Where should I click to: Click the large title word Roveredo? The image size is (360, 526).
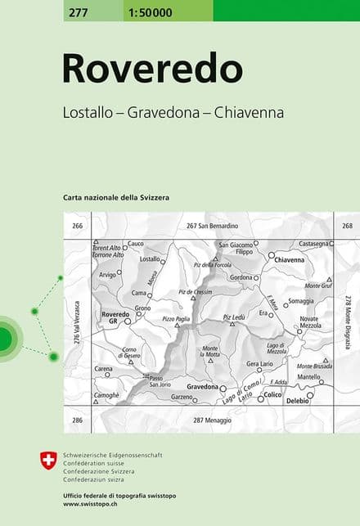[152, 70]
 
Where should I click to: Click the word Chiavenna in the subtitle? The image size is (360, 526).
[249, 113]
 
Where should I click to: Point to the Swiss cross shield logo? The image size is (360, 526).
[48, 460]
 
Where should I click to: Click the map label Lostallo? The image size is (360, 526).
[150, 259]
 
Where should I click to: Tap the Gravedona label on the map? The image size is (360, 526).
[202, 385]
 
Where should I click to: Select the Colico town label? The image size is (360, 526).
[272, 395]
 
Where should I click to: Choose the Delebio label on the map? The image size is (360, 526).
[298, 401]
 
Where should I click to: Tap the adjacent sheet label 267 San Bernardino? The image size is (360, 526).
[211, 225]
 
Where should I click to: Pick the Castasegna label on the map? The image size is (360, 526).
[313, 243]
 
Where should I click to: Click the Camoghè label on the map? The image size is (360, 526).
[106, 395]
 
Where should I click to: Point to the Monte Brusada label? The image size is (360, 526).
[313, 366]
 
